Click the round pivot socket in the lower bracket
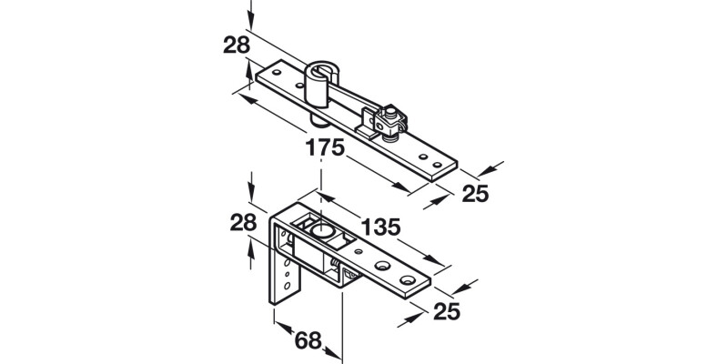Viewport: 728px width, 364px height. click(320, 232)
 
